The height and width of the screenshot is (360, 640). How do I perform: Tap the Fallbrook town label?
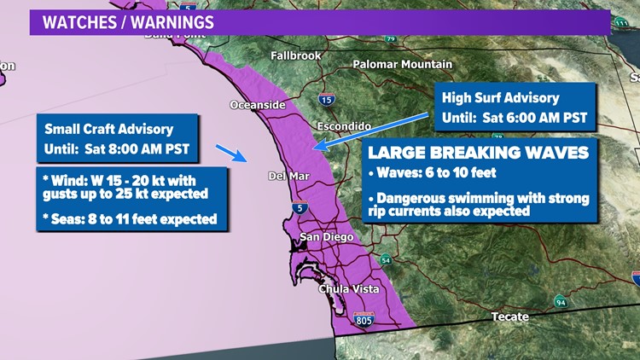(x=296, y=55)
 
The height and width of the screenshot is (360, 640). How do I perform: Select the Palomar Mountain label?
(x=403, y=64)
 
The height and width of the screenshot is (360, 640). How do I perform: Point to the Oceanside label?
(x=257, y=105)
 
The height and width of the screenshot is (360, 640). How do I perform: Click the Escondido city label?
(x=343, y=125)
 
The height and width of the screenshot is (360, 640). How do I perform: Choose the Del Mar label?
(x=288, y=177)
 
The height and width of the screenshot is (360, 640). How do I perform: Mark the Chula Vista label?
(x=348, y=289)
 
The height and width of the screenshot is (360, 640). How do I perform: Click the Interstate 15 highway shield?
(x=327, y=99)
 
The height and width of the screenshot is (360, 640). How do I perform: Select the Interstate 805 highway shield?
(x=364, y=321)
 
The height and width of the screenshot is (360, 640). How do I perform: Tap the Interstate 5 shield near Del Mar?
(x=298, y=206)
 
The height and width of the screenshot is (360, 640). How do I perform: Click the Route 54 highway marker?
(x=386, y=259)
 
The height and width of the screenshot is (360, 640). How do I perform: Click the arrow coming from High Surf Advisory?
(x=372, y=131)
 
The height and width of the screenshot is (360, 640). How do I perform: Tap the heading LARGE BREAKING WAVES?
(x=478, y=154)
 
